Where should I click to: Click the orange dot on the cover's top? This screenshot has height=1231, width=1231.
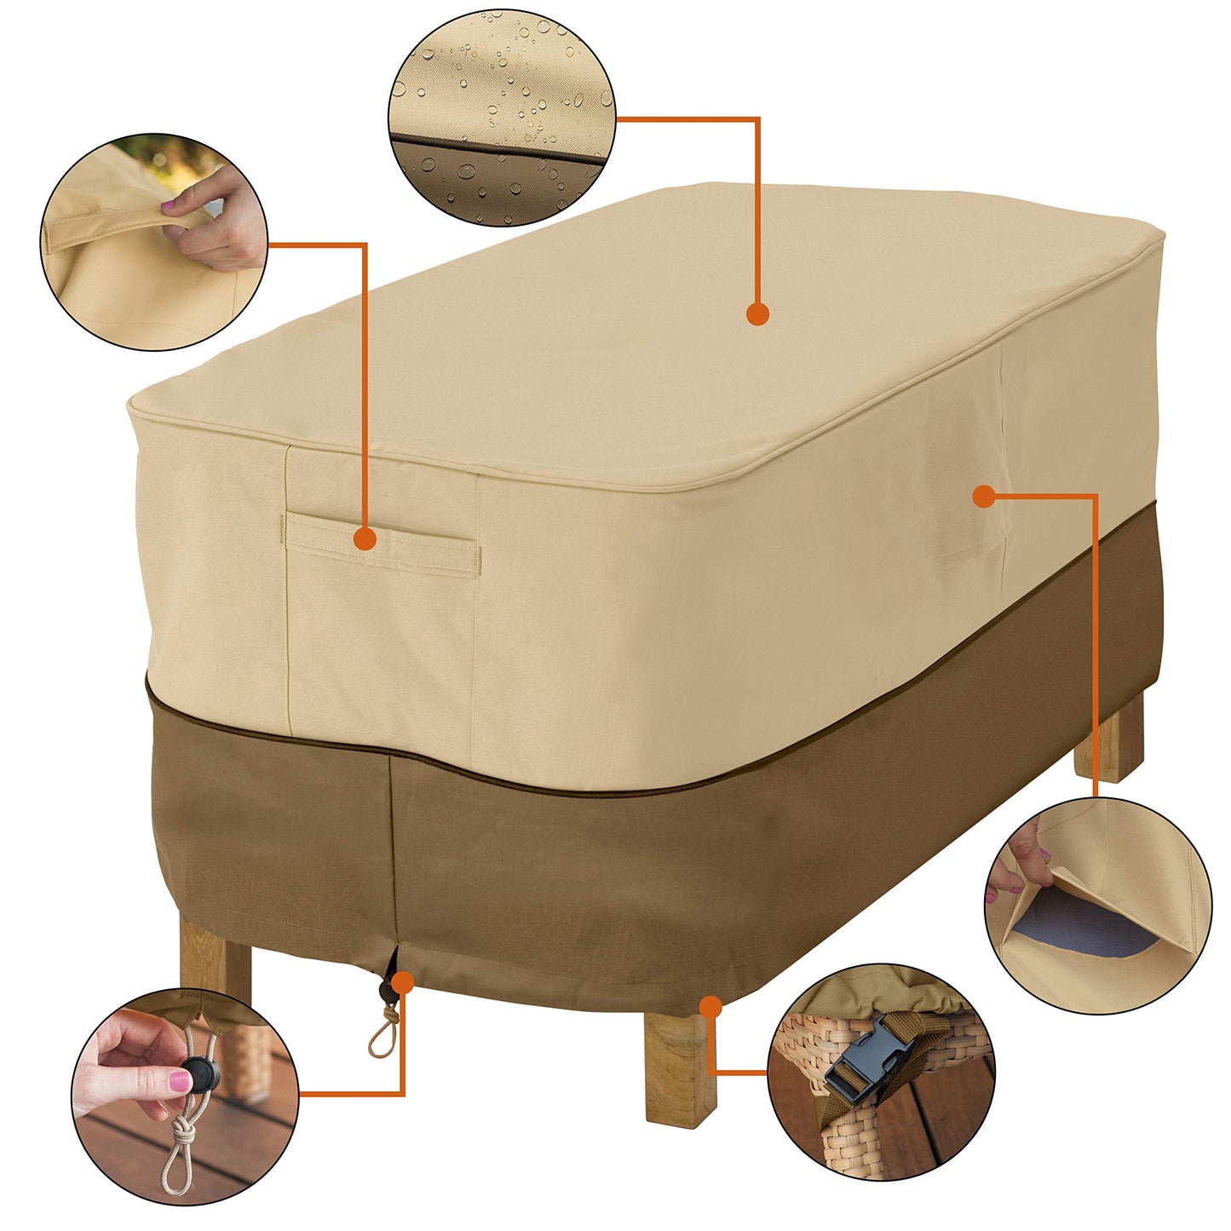pyautogui.click(x=757, y=314)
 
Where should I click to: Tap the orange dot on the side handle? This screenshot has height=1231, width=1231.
pyautogui.click(x=365, y=538)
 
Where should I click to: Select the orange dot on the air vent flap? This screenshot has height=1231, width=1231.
pyautogui.click(x=984, y=496)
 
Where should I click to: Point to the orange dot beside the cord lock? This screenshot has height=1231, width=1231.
pyautogui.click(x=403, y=982)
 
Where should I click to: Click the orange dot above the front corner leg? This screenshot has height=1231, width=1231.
pyautogui.click(x=710, y=1006)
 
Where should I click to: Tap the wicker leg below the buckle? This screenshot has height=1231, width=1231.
pyautogui.click(x=852, y=1133)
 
